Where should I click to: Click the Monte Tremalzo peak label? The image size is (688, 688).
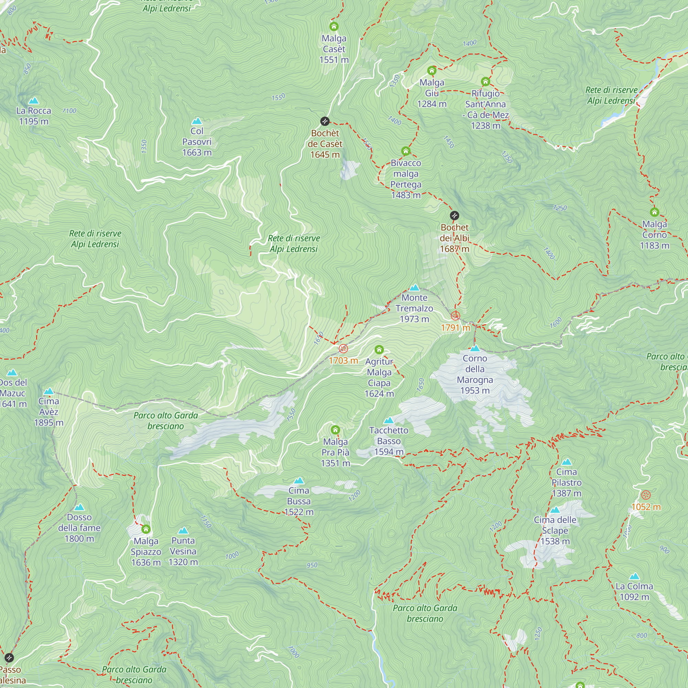point(414,308)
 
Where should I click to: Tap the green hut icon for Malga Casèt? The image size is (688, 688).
point(334,26)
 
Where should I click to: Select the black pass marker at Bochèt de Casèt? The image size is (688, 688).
point(325,121)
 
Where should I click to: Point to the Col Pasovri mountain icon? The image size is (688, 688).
point(197,121)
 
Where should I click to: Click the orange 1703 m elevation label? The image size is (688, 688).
point(343,361)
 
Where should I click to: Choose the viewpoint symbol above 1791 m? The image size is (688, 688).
point(455,315)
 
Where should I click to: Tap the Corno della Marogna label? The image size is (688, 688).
point(475,374)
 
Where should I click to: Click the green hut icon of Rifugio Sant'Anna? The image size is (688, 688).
point(485,82)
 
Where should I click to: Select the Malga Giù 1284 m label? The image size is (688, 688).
point(432,93)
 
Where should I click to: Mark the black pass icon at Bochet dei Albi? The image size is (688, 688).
point(454,215)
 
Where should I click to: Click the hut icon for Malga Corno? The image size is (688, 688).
point(654,212)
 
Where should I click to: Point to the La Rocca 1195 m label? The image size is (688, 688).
point(34,116)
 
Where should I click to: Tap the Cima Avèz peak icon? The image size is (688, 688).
point(49,391)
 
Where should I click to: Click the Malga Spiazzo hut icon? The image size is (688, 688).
point(146,529)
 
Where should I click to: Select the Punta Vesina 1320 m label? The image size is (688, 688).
point(183,551)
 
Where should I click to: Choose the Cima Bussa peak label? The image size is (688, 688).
point(299,501)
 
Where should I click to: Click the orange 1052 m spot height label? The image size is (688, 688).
point(646,507)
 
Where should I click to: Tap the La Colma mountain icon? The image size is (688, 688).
point(634,577)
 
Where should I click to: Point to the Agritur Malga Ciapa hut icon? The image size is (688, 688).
point(379,350)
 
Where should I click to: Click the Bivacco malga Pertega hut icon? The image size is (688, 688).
point(406,151)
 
